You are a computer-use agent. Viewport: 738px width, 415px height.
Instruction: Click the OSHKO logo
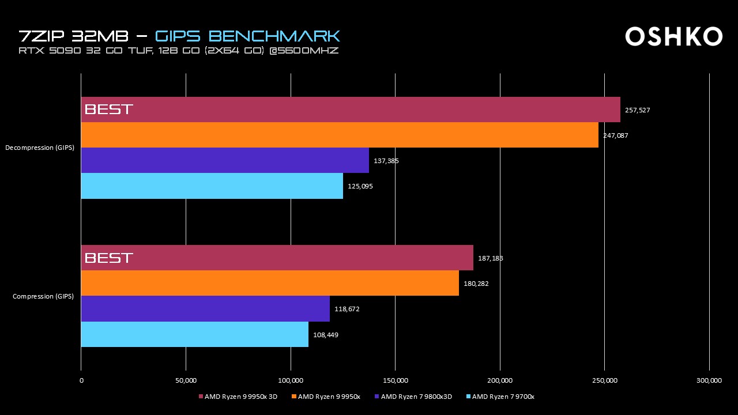click(x=673, y=36)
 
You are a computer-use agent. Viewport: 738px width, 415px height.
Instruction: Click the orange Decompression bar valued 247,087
click(x=340, y=135)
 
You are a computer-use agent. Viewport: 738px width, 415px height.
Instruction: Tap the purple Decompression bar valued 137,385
click(x=225, y=160)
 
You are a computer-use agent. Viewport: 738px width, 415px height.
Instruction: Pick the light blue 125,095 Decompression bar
click(x=212, y=186)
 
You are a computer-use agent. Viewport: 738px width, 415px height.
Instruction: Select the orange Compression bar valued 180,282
click(x=270, y=283)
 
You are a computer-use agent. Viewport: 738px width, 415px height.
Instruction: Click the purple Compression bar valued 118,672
click(x=205, y=308)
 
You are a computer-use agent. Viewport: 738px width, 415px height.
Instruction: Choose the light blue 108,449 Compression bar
click(x=194, y=334)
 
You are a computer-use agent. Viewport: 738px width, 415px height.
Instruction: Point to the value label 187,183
click(x=491, y=258)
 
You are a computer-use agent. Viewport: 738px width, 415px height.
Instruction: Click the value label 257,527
click(x=638, y=110)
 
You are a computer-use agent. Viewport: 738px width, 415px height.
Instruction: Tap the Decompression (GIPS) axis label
click(x=40, y=148)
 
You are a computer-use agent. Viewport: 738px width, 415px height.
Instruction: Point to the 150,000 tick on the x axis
click(x=396, y=380)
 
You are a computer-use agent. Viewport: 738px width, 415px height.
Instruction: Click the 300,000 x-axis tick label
click(x=709, y=380)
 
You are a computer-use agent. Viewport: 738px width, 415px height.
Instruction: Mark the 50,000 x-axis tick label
click(x=186, y=380)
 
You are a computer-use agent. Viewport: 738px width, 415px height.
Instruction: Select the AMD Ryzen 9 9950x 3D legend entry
click(x=237, y=397)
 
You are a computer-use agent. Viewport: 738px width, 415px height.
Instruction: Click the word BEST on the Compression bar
click(x=109, y=258)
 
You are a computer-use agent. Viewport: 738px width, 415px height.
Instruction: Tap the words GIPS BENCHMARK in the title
click(x=248, y=36)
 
